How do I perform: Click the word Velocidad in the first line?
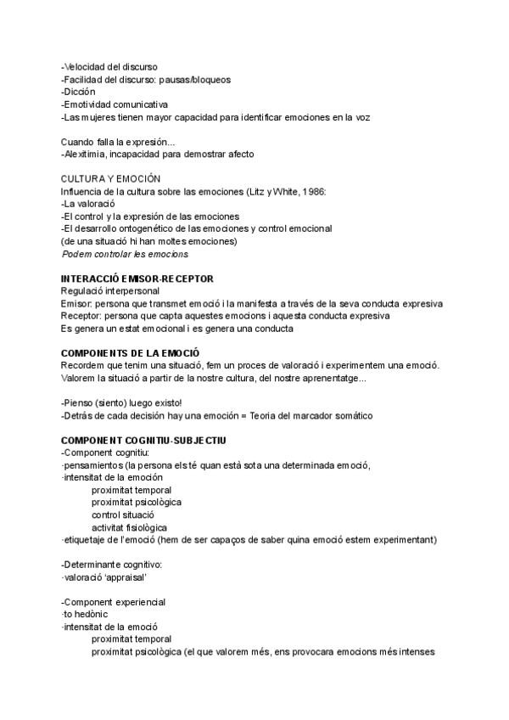(x=86, y=67)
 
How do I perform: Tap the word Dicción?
(x=80, y=92)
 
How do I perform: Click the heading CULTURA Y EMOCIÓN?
(x=110, y=179)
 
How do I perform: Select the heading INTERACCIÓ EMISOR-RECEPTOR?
(x=137, y=278)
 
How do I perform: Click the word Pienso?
(x=82, y=402)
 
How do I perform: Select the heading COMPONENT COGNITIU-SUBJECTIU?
(x=143, y=440)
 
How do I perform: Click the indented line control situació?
(x=123, y=515)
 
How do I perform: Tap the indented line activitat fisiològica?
(x=129, y=527)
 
